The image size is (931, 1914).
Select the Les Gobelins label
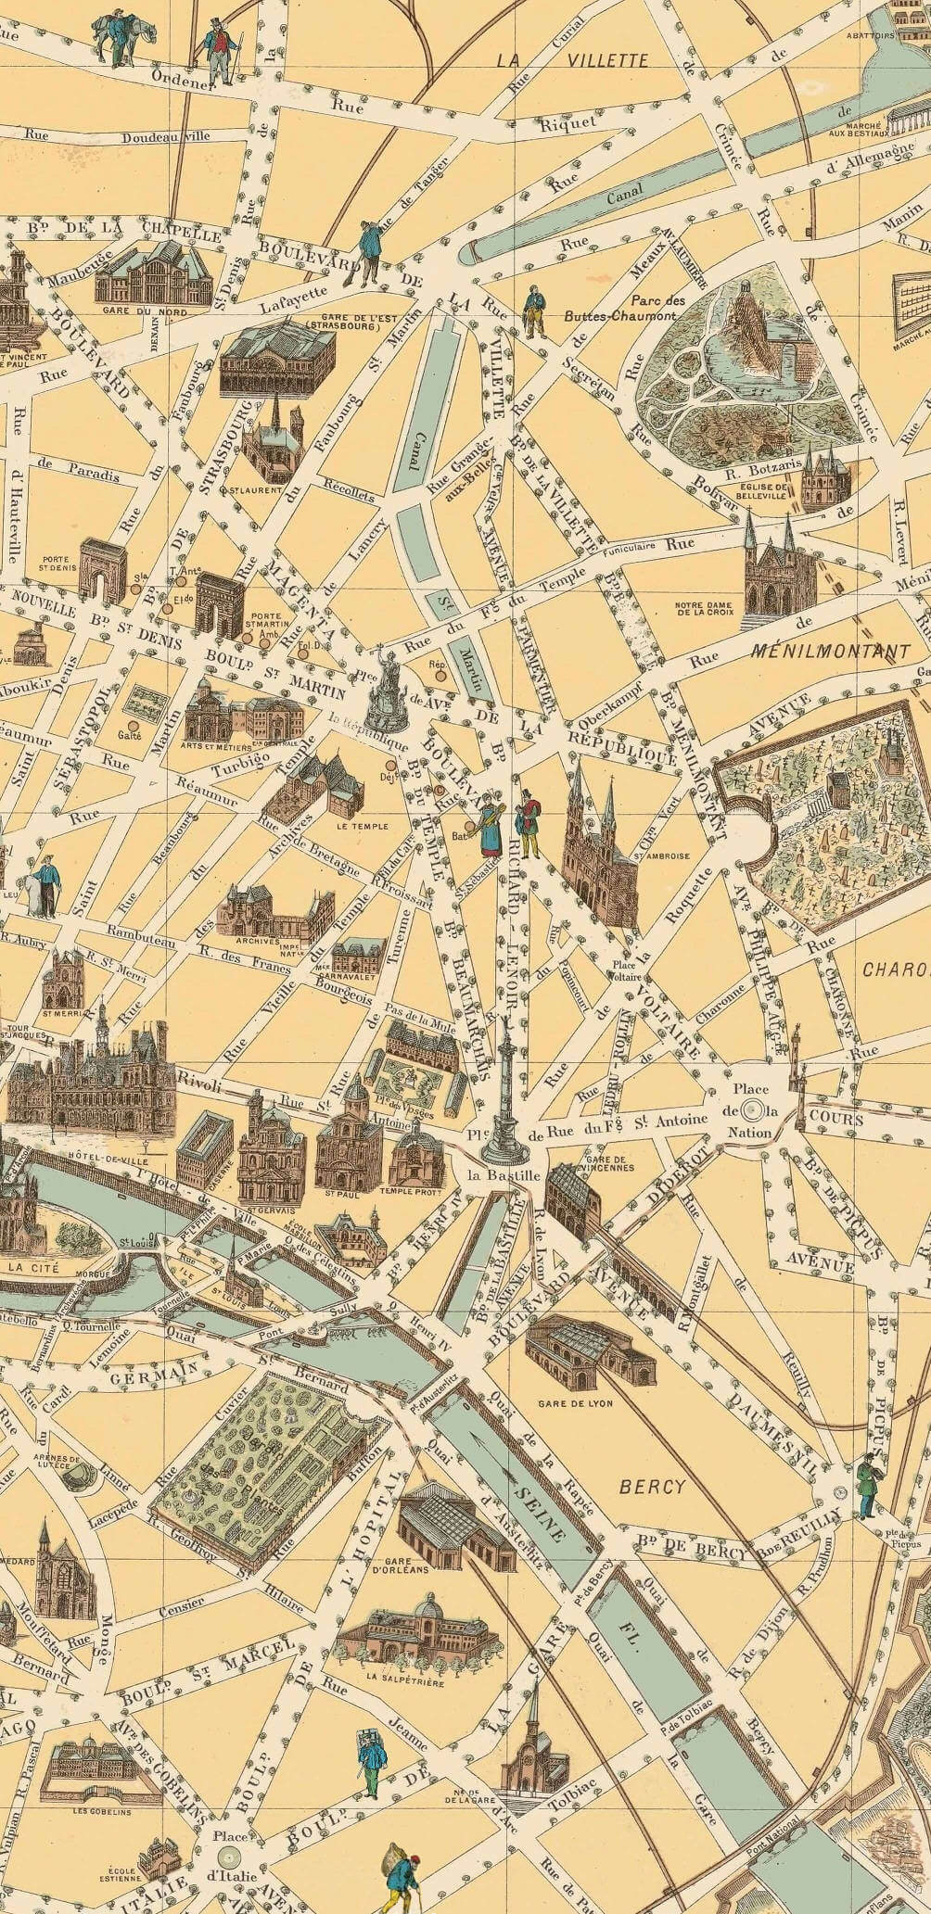(x=93, y=1784)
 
